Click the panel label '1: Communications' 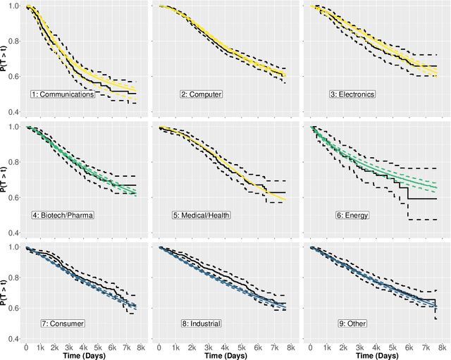(63, 94)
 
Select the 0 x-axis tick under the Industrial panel (160, 347)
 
